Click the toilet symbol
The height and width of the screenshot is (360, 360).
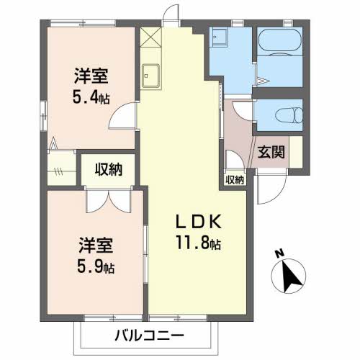click(x=289, y=115)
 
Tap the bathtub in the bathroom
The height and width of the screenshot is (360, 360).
click(x=280, y=42)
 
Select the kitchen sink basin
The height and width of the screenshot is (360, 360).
click(x=150, y=76)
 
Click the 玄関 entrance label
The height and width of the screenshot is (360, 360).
click(x=271, y=152)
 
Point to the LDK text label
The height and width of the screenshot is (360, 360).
click(x=199, y=222)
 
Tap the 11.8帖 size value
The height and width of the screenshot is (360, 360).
click(x=199, y=242)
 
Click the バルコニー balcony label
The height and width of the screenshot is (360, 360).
click(x=149, y=335)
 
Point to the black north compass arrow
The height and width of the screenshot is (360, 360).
click(x=290, y=276)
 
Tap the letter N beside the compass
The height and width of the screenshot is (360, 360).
click(x=279, y=253)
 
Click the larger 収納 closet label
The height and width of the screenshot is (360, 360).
click(x=109, y=169)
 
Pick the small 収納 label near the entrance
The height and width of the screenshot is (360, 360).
click(x=235, y=179)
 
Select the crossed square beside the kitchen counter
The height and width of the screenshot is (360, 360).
click(x=150, y=37)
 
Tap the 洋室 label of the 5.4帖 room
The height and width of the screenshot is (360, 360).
click(x=91, y=76)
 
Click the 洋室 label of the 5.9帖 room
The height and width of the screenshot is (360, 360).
click(x=96, y=246)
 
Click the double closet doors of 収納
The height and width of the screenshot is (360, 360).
click(x=109, y=201)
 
